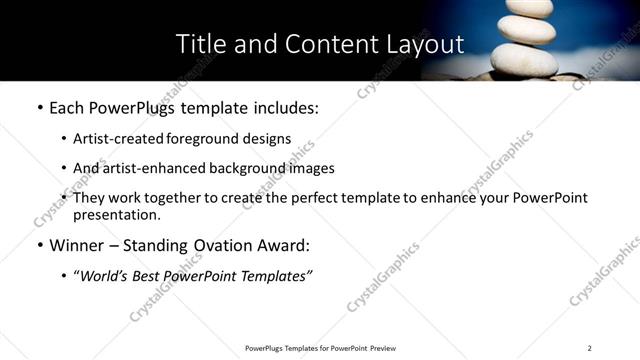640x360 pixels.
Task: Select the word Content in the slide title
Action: tap(318, 44)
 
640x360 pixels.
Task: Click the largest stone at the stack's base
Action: tap(524, 61)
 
